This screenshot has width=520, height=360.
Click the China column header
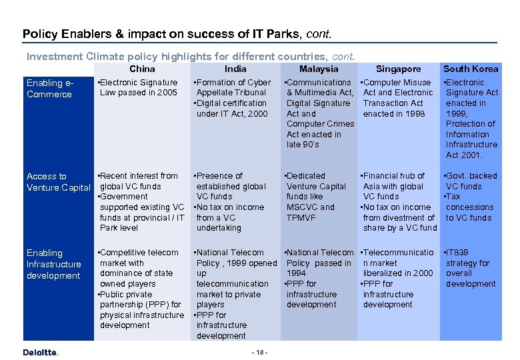click(142, 69)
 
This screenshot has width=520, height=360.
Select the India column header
click(235, 69)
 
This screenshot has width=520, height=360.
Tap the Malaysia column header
click(319, 69)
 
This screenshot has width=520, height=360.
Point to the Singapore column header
click(398, 69)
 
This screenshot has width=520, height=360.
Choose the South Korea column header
click(471, 69)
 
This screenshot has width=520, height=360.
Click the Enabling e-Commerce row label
click(49, 89)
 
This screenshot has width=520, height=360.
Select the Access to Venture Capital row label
click(58, 182)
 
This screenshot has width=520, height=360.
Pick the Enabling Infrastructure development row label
click(53, 264)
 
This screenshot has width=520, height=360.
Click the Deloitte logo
click(41, 353)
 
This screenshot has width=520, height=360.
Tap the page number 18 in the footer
click(259, 352)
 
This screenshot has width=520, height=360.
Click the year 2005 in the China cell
click(167, 93)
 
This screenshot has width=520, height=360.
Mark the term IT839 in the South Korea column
click(457, 253)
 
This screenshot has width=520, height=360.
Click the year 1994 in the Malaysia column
click(296, 273)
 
